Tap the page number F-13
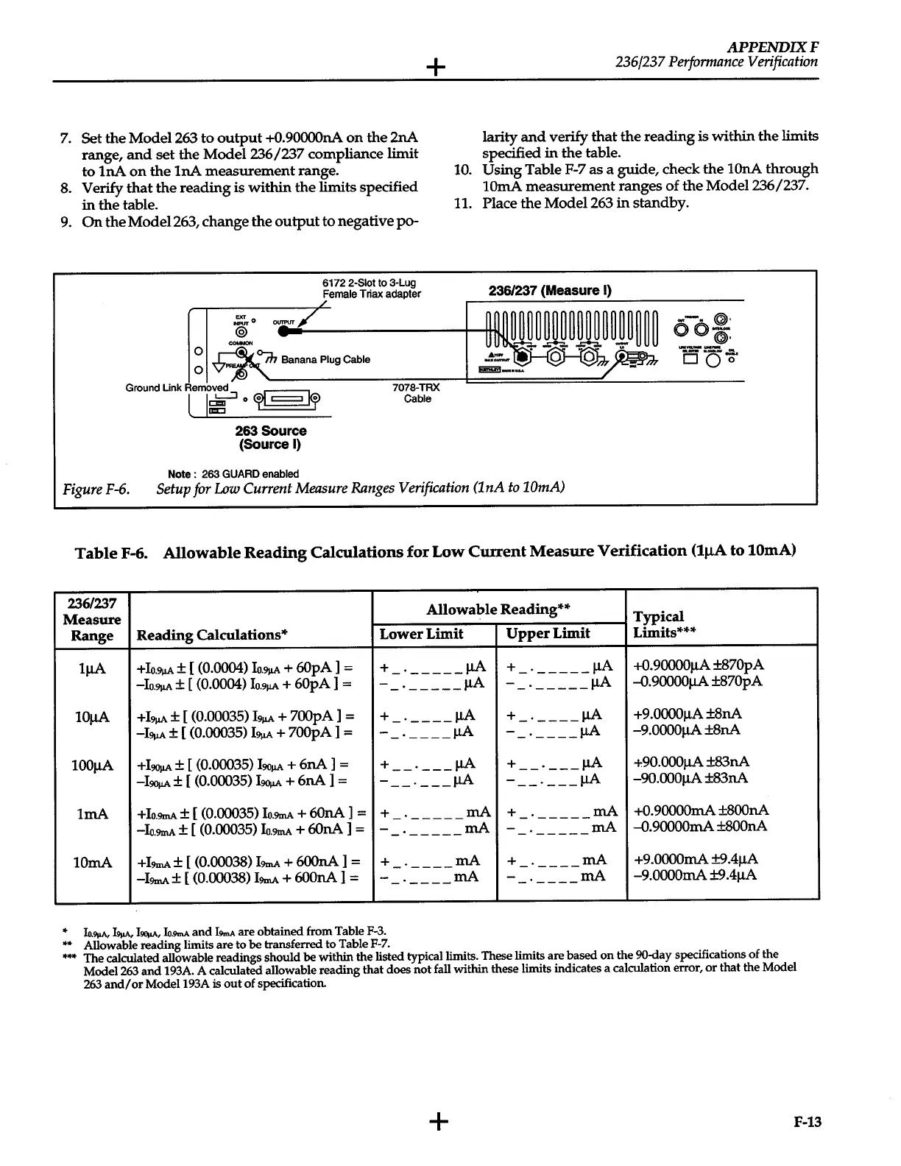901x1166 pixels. click(x=807, y=1122)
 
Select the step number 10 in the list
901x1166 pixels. click(x=462, y=169)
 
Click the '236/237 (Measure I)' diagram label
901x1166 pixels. click(x=550, y=291)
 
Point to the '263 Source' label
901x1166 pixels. click(x=271, y=431)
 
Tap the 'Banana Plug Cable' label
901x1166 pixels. click(x=325, y=360)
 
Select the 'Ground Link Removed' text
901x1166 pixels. click(x=177, y=388)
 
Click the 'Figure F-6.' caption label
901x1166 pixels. click(x=96, y=488)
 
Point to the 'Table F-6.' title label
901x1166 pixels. click(x=111, y=552)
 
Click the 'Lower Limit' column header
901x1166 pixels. click(x=421, y=634)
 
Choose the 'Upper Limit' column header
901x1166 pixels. click(x=548, y=634)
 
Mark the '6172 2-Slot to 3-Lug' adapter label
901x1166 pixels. click(x=369, y=283)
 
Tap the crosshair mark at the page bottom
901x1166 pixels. click(x=438, y=1121)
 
